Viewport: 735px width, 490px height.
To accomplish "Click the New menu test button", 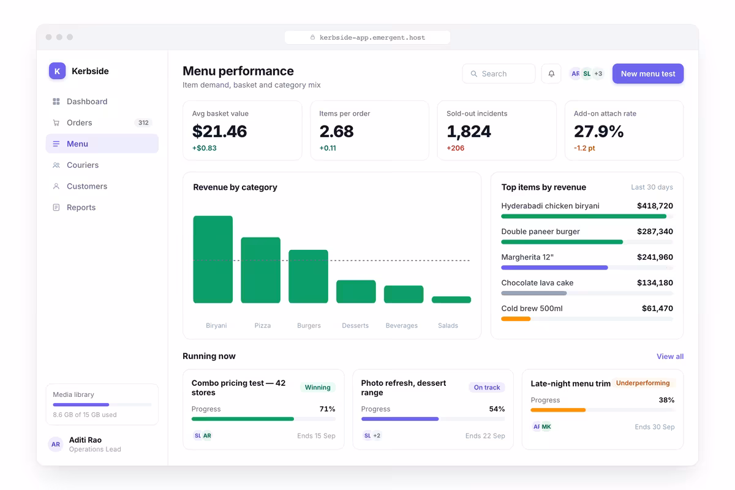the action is pyautogui.click(x=648, y=73).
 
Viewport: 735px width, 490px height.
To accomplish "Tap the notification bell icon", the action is pyautogui.click(x=551, y=73).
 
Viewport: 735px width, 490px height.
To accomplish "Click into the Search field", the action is pyautogui.click(x=499, y=73).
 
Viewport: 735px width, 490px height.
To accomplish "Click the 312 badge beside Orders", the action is pyautogui.click(x=143, y=123).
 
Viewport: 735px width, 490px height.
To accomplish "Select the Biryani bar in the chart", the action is pyautogui.click(x=213, y=259).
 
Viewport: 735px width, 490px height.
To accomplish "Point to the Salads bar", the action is pyautogui.click(x=451, y=300).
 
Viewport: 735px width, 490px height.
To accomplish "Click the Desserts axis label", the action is pyautogui.click(x=355, y=325).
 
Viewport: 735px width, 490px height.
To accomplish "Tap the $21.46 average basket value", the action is pyautogui.click(x=219, y=131).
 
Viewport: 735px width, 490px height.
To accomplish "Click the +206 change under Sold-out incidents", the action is pyautogui.click(x=456, y=148).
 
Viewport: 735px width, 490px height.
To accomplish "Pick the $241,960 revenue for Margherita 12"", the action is pyautogui.click(x=655, y=257).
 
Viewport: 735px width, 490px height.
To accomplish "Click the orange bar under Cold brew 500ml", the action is pyautogui.click(x=516, y=318).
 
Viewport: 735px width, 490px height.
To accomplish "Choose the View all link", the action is pyautogui.click(x=670, y=356).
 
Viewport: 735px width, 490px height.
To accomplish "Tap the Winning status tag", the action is pyautogui.click(x=318, y=387).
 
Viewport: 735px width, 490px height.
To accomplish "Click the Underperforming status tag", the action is pyautogui.click(x=643, y=383).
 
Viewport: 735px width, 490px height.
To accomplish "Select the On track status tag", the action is pyautogui.click(x=487, y=387).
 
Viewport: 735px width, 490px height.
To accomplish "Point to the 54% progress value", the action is pyautogui.click(x=497, y=409).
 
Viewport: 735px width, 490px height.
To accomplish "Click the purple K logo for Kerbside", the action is pyautogui.click(x=57, y=71).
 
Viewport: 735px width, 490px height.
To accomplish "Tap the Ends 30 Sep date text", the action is pyautogui.click(x=655, y=427).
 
